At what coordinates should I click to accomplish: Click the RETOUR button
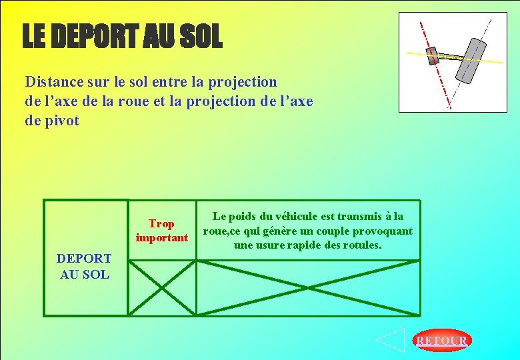[441, 341]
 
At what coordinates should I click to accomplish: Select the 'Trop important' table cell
[162, 230]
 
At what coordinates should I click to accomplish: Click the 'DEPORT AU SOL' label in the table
[84, 266]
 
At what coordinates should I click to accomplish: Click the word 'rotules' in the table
[359, 245]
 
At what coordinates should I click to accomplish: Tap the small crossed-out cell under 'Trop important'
[161, 287]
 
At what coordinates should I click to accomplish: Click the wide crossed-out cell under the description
[308, 287]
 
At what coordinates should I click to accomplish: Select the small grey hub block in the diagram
[433, 54]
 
